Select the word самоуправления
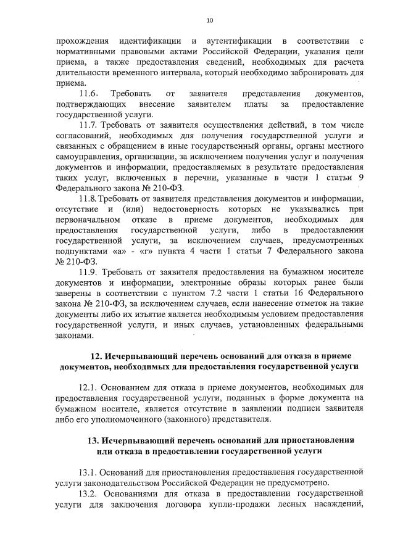pyautogui.click(x=85, y=156)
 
